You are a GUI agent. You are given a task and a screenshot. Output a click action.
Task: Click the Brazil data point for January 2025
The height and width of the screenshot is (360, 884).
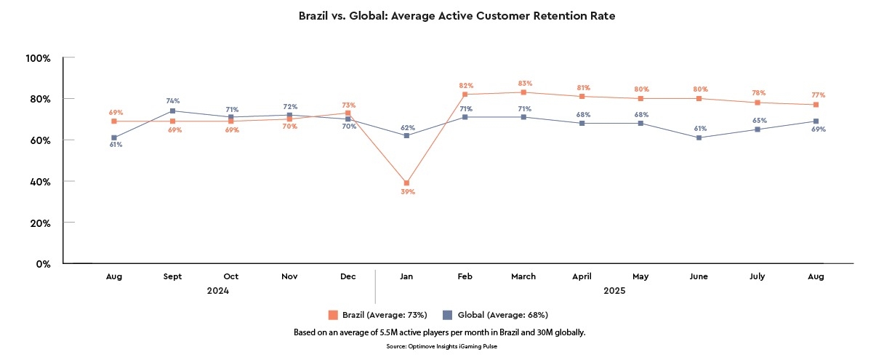406,183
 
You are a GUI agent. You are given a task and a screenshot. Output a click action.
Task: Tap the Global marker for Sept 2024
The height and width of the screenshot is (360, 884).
172,111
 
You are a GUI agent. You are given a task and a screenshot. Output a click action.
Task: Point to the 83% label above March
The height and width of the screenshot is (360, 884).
523,83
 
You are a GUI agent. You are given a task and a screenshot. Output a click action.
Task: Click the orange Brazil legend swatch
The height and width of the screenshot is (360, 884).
333,315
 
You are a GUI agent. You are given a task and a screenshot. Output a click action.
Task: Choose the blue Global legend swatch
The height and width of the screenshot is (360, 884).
447,315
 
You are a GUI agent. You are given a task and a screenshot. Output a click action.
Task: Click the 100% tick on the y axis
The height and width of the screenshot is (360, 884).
37,57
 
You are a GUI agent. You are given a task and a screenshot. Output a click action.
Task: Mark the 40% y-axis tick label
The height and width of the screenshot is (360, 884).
39,181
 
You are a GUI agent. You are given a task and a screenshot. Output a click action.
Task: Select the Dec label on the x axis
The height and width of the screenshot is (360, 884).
347,276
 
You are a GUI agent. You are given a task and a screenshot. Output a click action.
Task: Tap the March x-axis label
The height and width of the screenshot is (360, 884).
523,276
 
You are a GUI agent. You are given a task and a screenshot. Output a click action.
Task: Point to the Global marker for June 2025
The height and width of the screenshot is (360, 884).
699,137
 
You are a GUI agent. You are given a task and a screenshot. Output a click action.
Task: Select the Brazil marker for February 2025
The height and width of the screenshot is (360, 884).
465,95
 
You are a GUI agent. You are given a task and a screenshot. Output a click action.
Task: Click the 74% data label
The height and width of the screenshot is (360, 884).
172,101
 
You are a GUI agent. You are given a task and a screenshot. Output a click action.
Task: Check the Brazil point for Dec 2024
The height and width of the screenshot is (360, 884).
347,113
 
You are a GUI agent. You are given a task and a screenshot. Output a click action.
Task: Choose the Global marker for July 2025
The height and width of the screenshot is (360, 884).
758,129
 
